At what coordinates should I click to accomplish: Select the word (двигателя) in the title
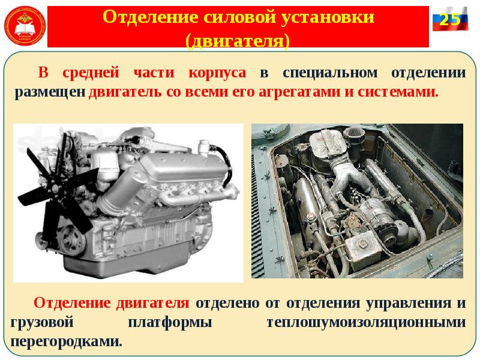click(238, 41)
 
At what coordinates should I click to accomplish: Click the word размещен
click(50, 93)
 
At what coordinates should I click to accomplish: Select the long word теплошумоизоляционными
click(366, 322)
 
